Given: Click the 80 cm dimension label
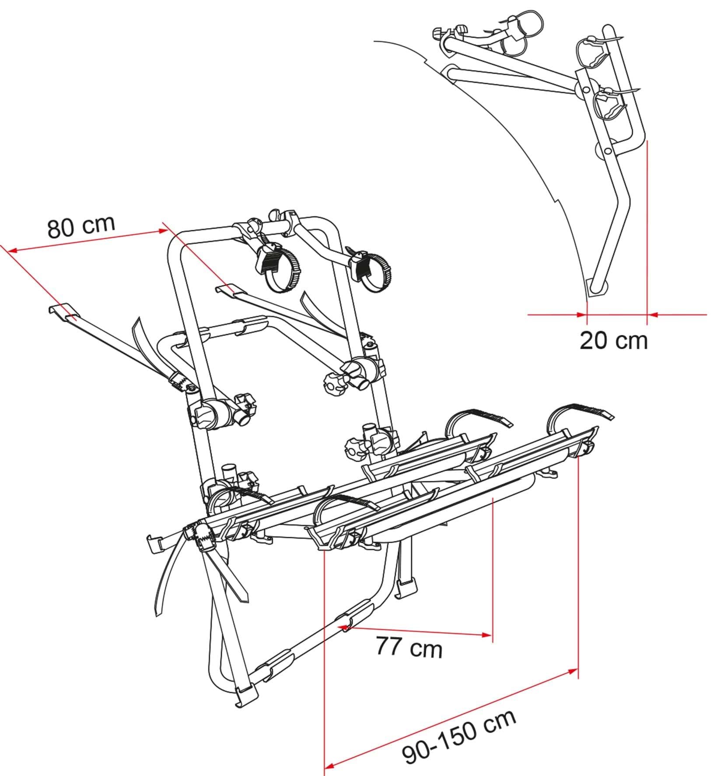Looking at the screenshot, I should tap(81, 226).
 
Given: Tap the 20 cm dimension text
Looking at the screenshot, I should tap(613, 341).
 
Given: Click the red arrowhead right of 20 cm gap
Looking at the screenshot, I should tap(652, 314).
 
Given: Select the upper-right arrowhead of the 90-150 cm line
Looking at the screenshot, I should tap(573, 683).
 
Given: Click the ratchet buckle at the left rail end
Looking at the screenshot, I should tap(199, 535).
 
